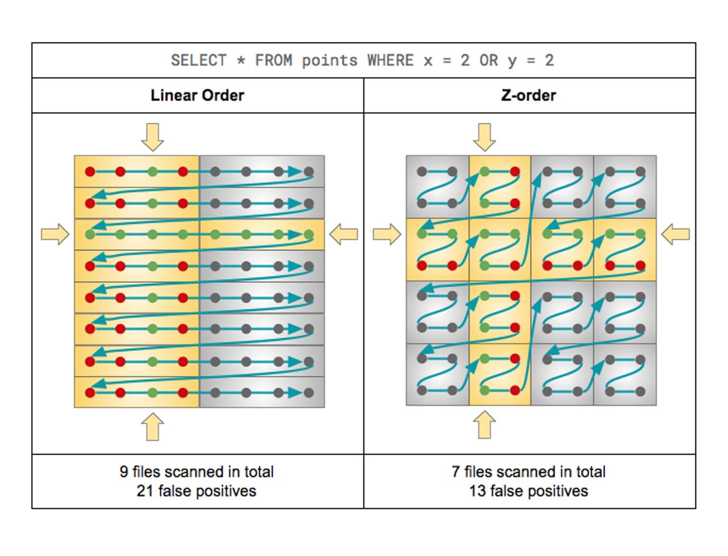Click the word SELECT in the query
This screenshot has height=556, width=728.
[x=198, y=60]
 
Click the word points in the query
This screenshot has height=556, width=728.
[x=329, y=60]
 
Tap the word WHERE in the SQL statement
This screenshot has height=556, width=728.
[x=390, y=60]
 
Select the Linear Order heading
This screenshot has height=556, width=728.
[x=197, y=95]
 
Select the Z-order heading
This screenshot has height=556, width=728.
[x=528, y=95]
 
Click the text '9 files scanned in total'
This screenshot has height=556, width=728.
[x=197, y=471]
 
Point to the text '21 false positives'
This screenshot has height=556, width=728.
[x=196, y=491]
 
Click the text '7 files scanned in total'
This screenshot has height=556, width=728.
[x=528, y=471]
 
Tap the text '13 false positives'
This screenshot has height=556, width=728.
[x=528, y=491]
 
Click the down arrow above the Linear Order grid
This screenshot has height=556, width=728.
[x=152, y=137]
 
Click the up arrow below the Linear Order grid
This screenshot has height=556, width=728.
[x=152, y=426]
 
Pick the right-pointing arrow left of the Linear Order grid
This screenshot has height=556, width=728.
[x=55, y=234]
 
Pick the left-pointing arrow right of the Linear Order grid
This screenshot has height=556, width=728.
[x=344, y=234]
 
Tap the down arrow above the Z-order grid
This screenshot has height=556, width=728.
[x=484, y=137]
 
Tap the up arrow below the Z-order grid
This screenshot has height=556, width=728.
[x=484, y=425]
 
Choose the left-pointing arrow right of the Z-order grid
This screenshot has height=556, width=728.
[x=676, y=234]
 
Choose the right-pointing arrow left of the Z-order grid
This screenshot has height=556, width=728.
[x=387, y=234]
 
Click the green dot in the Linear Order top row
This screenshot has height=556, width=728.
[x=152, y=171]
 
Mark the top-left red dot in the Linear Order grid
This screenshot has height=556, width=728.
[x=90, y=171]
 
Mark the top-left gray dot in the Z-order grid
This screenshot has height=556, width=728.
[x=422, y=171]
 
